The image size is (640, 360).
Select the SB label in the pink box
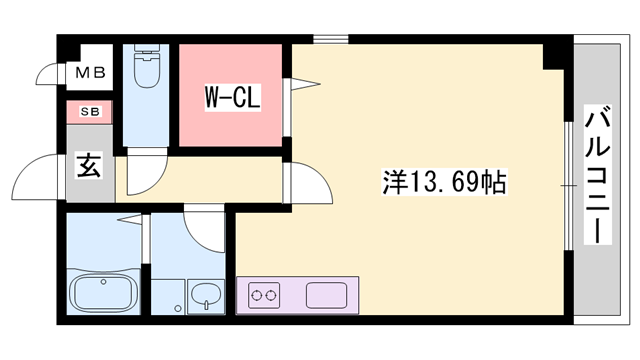88,112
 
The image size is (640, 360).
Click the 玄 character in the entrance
88,167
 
